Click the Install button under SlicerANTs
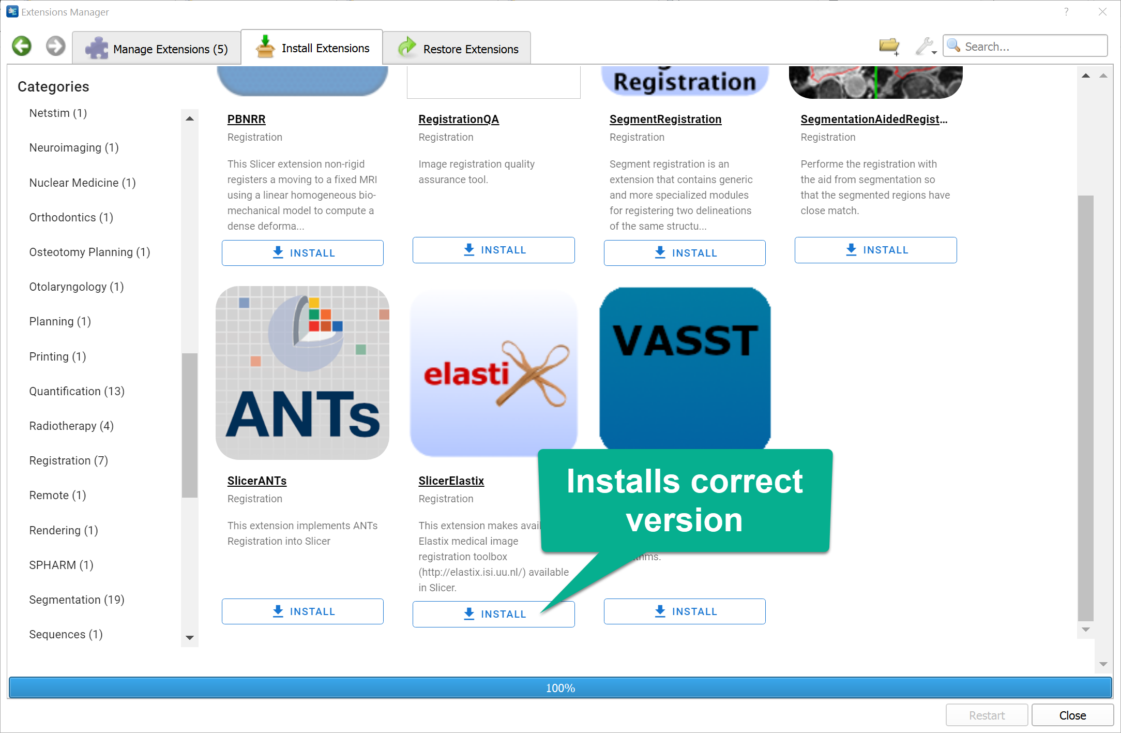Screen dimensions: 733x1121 302,611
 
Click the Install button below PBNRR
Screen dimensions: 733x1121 302,253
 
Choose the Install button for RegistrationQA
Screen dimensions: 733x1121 493,250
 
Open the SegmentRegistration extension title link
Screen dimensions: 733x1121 665,119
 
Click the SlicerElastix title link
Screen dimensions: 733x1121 451,481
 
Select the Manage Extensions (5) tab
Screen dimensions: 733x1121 157,49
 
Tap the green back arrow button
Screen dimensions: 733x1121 22,46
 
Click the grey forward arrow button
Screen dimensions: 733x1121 55,46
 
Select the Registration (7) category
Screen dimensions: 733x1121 68,460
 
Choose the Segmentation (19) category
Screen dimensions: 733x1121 77,600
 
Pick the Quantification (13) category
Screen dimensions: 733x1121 77,391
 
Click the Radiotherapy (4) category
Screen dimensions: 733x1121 71,426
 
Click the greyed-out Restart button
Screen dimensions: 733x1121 986,715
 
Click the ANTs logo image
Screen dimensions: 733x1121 302,372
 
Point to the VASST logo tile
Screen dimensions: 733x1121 685,367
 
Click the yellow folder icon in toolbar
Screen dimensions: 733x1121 889,47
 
